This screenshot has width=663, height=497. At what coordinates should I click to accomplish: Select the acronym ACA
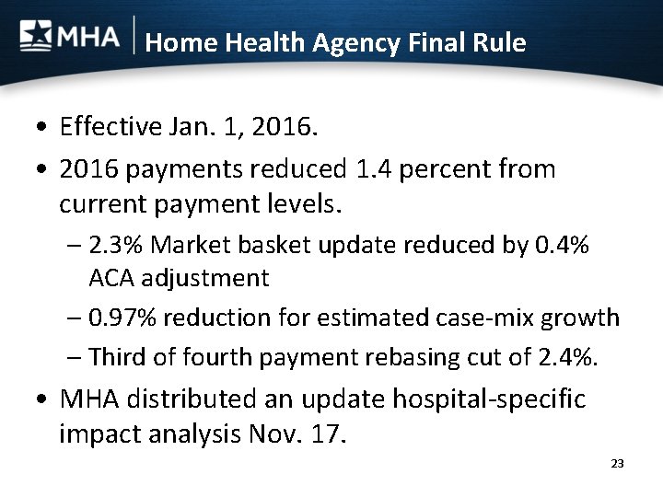111,277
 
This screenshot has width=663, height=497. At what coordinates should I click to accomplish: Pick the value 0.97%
122,318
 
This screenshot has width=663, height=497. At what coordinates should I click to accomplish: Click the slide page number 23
617,464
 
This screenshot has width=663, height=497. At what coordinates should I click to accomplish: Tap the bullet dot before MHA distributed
42,400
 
